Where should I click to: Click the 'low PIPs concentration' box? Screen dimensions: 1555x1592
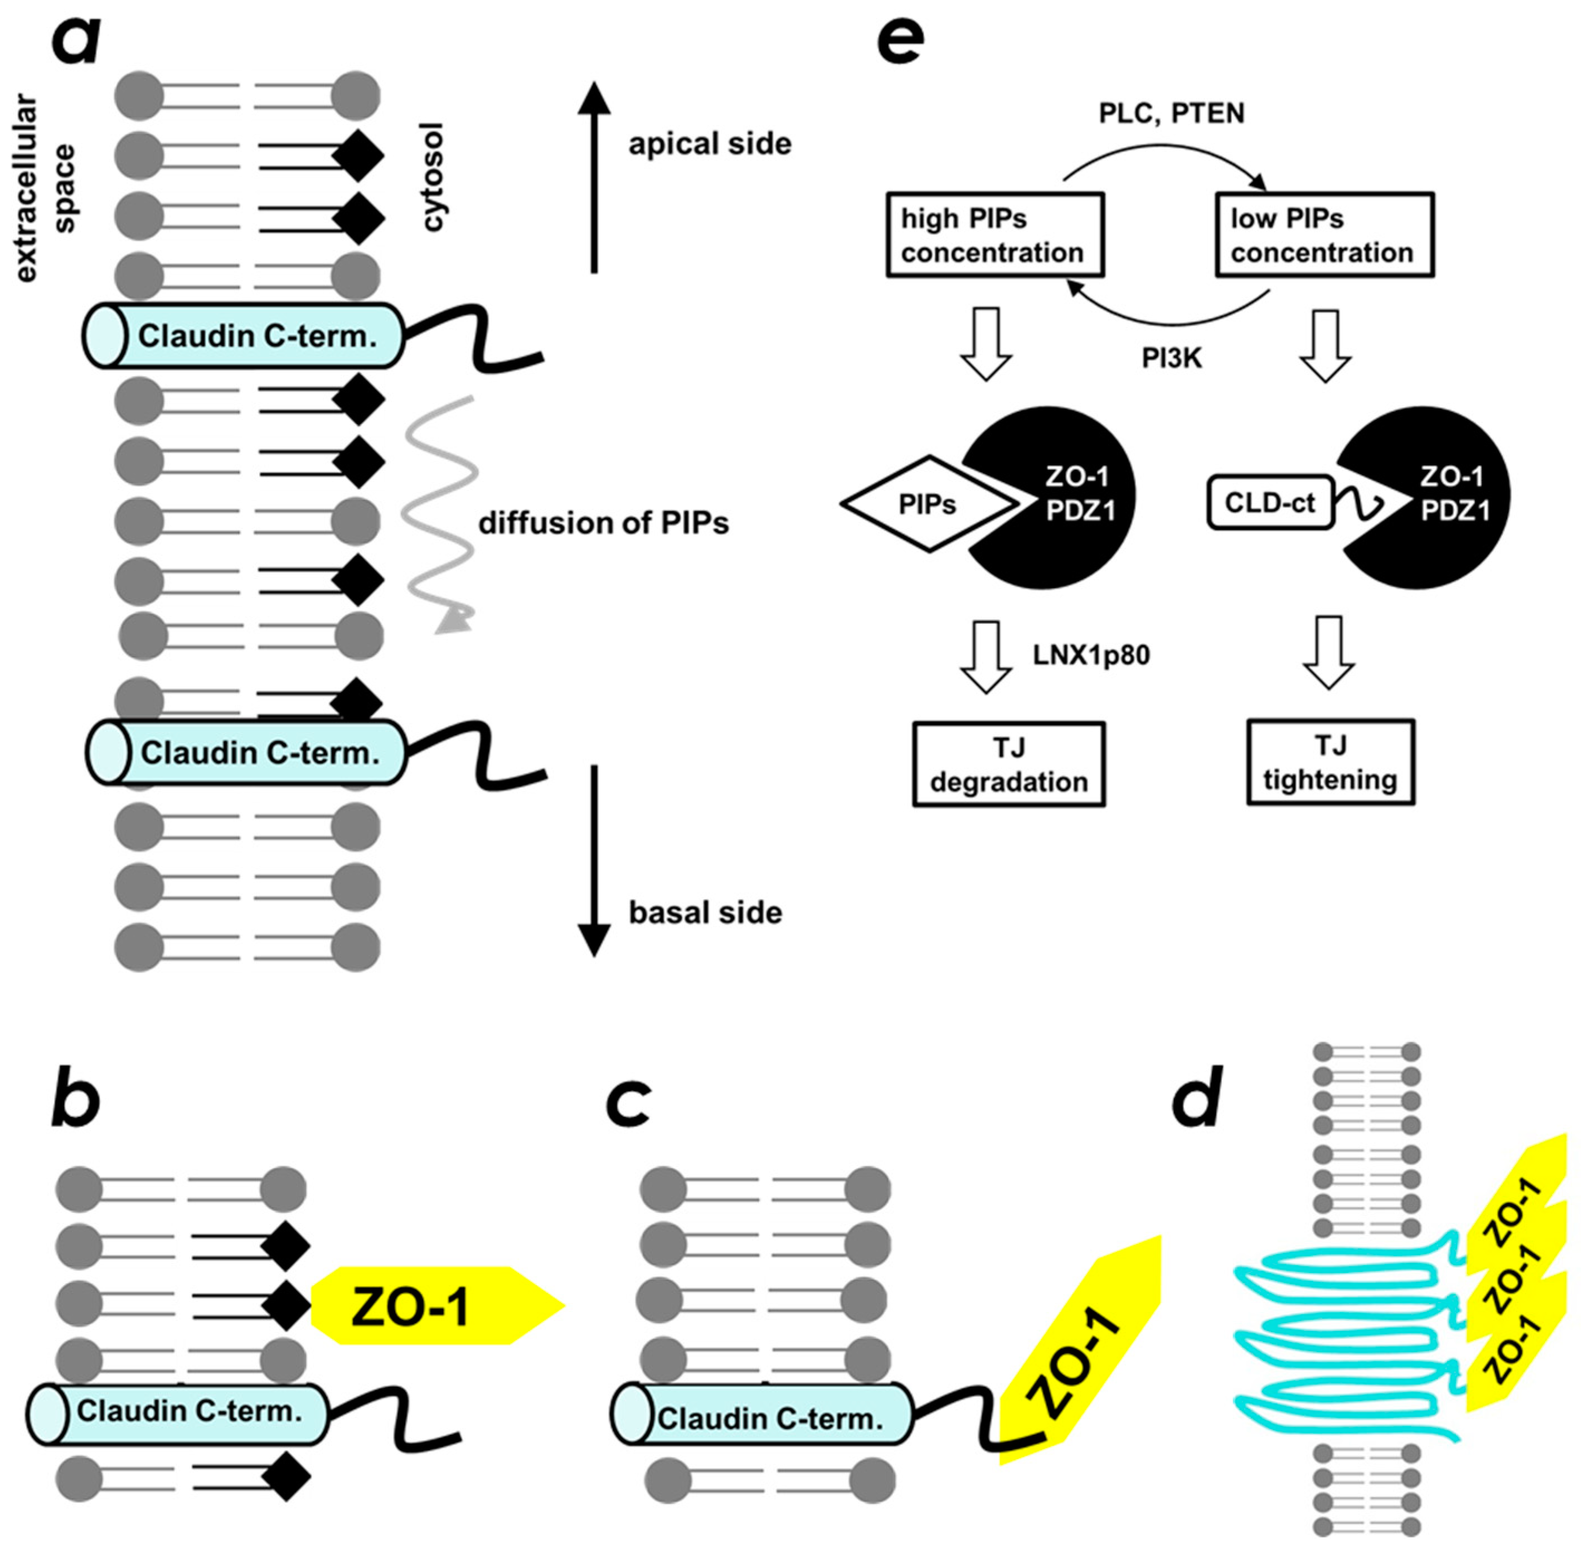pyautogui.click(x=1324, y=235)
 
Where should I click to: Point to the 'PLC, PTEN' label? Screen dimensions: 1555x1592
pyautogui.click(x=1171, y=113)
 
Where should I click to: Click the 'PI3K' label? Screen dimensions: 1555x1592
pyautogui.click(x=1171, y=358)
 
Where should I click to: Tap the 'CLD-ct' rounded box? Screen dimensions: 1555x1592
pyautogui.click(x=1269, y=502)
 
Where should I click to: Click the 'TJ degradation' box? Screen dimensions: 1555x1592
pyautogui.click(x=1009, y=765)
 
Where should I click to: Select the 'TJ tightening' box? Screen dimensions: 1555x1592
pyautogui.click(x=1330, y=762)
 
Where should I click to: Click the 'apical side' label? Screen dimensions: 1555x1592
pyautogui.click(x=709, y=144)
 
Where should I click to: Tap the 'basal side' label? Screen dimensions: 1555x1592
pyautogui.click(x=705, y=912)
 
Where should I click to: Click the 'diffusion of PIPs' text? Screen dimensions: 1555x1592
pyautogui.click(x=603, y=523)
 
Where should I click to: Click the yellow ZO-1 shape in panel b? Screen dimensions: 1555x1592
pyautogui.click(x=425, y=1305)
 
